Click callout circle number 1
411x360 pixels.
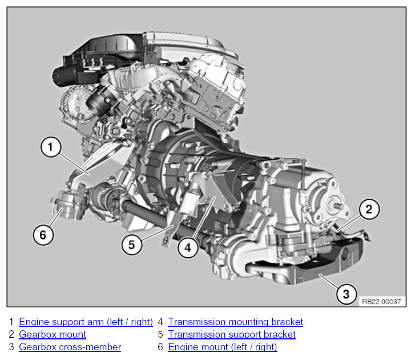tap(51, 147)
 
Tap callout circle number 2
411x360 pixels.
tap(369, 209)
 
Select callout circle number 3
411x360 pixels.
tap(346, 294)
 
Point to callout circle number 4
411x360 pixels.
tap(188, 247)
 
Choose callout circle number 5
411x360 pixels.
tap(132, 245)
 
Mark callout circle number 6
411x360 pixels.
tap(43, 235)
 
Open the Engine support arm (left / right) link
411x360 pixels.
tap(86, 322)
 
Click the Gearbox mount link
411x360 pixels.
tap(53, 334)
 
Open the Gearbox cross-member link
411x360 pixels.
tap(70, 347)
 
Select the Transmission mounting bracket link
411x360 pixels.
tap(235, 322)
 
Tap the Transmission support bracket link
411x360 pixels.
tap(232, 334)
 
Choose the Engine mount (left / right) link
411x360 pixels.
tap(223, 347)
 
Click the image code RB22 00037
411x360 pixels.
tap(381, 302)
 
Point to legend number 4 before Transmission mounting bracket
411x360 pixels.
tap(160, 322)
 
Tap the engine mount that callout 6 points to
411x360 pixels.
tap(68, 203)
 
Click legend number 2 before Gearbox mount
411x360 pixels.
tap(11, 334)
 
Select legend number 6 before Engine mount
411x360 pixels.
tap(160, 347)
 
